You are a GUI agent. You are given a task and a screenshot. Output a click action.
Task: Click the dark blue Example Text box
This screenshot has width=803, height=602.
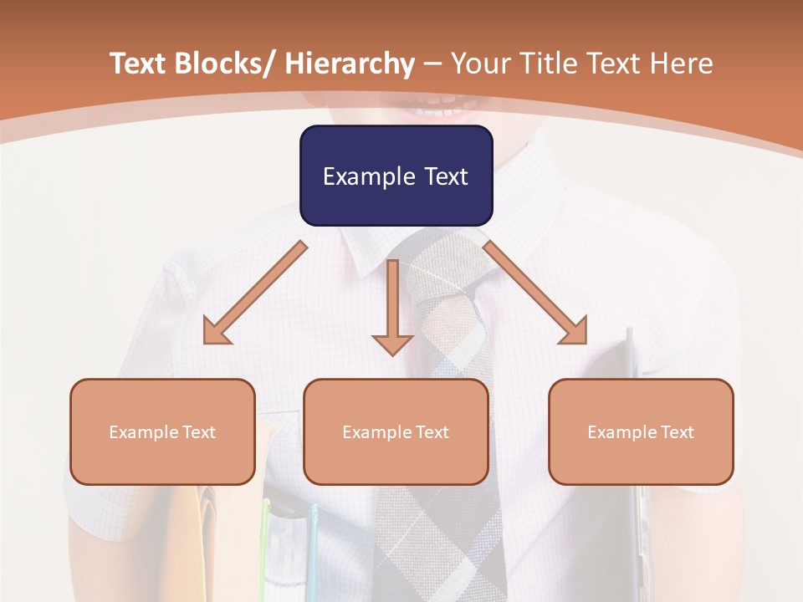point(396,176)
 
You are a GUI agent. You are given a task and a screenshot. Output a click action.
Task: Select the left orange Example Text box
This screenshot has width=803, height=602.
point(162,431)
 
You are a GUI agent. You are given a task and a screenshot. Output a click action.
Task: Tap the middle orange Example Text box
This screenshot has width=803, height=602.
point(396,431)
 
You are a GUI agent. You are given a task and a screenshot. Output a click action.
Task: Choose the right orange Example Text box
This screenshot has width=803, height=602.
point(641,431)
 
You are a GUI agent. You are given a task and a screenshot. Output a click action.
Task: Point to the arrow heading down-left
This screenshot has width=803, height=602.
point(255,293)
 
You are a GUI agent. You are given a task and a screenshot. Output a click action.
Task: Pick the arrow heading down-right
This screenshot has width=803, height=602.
point(535,293)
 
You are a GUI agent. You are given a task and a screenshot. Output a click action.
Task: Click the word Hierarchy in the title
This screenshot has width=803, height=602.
point(349,64)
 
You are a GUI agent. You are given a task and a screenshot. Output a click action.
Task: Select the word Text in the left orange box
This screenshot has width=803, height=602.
point(198,432)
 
